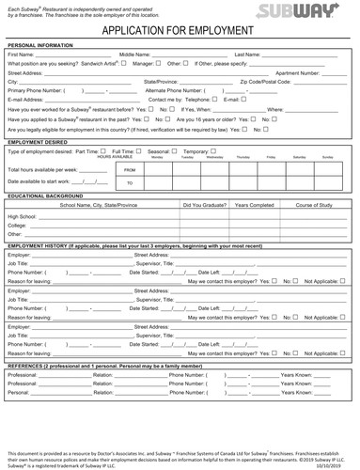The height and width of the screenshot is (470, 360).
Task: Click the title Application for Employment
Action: pos(180,29)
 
